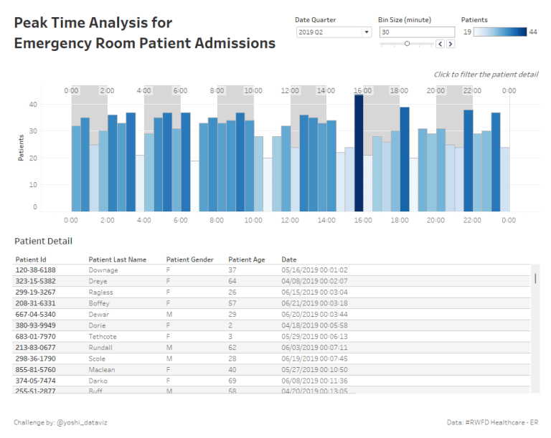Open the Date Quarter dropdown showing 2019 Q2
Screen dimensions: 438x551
click(x=334, y=32)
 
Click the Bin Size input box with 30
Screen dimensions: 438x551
click(x=417, y=32)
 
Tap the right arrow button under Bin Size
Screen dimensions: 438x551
click(x=451, y=44)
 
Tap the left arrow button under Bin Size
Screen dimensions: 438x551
click(x=441, y=44)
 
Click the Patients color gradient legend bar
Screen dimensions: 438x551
click(x=499, y=32)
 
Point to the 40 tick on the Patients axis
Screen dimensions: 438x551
click(x=32, y=105)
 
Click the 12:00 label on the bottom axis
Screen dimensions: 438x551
click(x=290, y=221)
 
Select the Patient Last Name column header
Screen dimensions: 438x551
click(x=117, y=260)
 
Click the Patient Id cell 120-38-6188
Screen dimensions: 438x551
click(x=36, y=270)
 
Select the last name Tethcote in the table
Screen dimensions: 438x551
click(x=103, y=336)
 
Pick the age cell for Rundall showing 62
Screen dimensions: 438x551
click(x=232, y=348)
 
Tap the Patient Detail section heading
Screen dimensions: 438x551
click(x=43, y=242)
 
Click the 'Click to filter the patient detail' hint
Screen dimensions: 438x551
click(x=486, y=75)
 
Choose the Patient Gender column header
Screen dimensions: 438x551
click(x=189, y=260)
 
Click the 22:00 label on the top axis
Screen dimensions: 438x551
click(x=472, y=91)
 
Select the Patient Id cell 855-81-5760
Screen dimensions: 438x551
click(x=36, y=369)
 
